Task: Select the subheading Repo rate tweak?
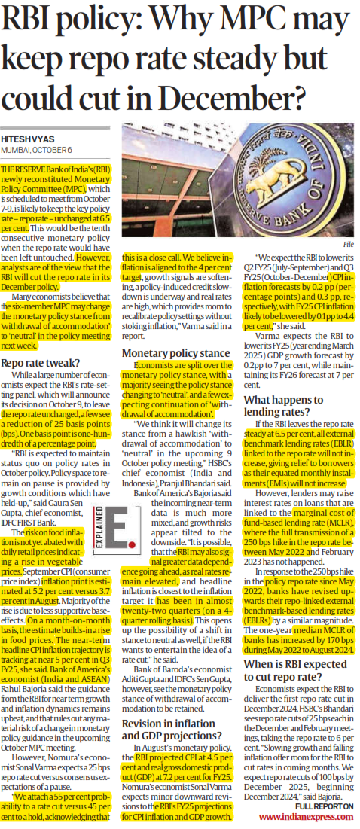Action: [43, 363]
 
